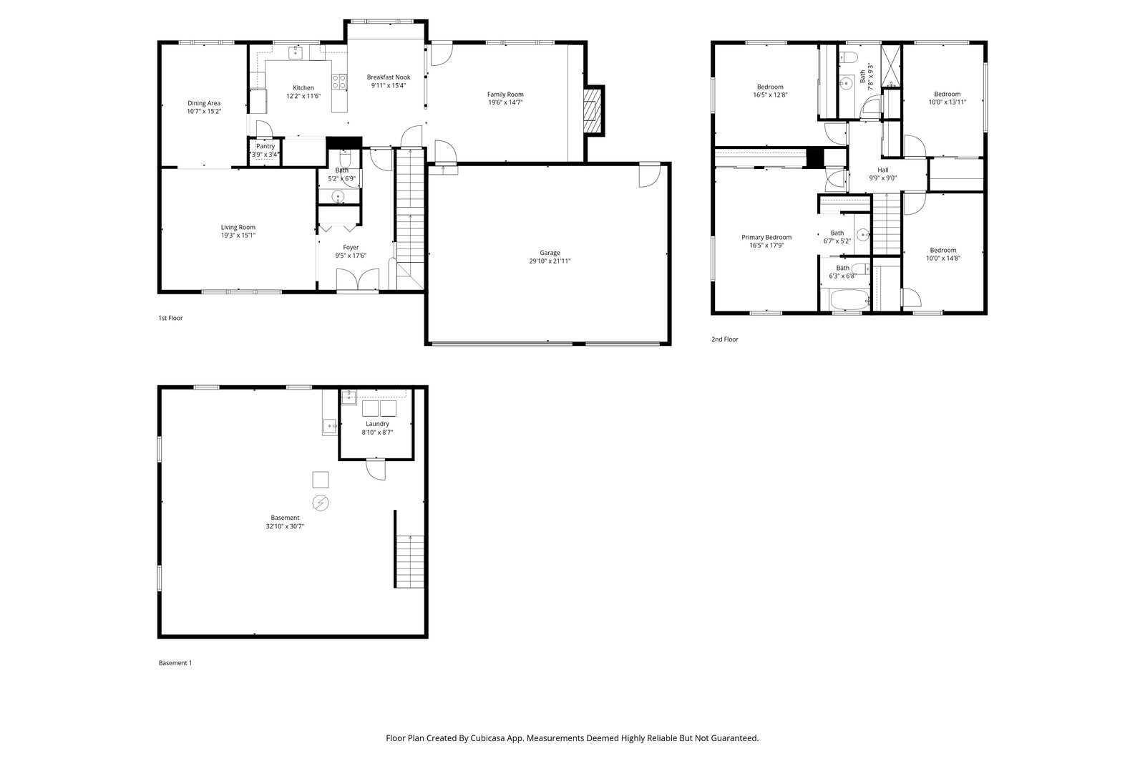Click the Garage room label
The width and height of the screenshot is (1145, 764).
[x=550, y=253]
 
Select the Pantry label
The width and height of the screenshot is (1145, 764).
[x=265, y=146]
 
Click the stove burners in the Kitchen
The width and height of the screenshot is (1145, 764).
[x=339, y=82]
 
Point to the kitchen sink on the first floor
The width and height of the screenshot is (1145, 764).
[x=296, y=53]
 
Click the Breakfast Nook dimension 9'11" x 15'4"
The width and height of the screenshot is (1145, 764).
[x=389, y=85]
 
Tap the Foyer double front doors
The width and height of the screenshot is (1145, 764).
[x=358, y=279]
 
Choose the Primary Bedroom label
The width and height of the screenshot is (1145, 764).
[x=766, y=237]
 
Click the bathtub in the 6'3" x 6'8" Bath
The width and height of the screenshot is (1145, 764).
[x=849, y=300]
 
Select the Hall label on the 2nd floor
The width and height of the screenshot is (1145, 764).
[x=883, y=170]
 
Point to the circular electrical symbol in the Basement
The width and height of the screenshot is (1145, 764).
[x=321, y=503]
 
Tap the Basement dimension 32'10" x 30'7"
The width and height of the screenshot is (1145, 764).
[x=285, y=526]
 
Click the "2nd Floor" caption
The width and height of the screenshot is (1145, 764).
[x=725, y=339]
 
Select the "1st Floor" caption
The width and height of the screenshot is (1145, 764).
[x=170, y=318]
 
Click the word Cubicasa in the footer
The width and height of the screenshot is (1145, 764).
[x=489, y=738]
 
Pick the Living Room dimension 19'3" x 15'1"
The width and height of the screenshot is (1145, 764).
[x=238, y=236]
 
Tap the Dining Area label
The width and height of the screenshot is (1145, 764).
[x=204, y=103]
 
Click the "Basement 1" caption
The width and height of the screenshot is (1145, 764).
[x=175, y=663]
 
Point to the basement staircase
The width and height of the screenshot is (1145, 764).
[x=410, y=561]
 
